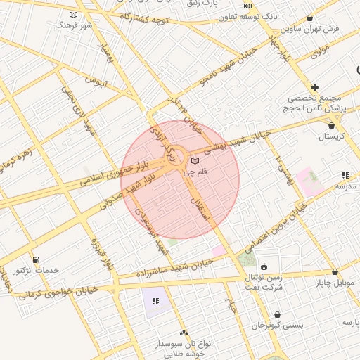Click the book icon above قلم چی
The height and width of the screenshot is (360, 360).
pos(195,162)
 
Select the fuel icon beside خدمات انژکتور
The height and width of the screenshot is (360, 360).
pos(37,259)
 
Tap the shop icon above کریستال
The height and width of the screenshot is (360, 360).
pos(331,125)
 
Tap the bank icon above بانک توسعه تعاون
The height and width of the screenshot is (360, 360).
pos(247,6)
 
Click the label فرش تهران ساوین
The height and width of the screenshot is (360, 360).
pos(309,29)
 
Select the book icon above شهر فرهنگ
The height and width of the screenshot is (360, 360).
pos(74,14)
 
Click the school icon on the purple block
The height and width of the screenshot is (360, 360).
pos(155,301)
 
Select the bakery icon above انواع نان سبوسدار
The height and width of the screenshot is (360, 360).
pos(184,333)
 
